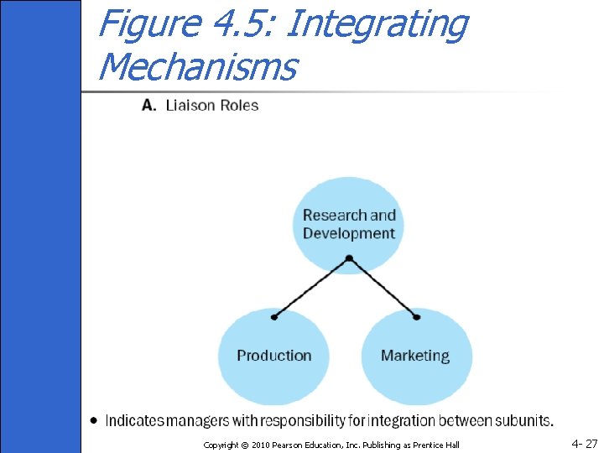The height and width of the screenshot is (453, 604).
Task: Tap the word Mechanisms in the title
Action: point(197,65)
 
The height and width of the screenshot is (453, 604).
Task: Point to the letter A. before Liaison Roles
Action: point(148,105)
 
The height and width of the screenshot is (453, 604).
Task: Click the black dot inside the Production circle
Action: point(274,317)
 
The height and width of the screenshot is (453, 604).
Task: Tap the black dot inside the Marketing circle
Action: point(417,317)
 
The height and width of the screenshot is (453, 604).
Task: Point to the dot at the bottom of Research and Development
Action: point(348,259)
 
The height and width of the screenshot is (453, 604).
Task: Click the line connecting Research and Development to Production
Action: point(310,289)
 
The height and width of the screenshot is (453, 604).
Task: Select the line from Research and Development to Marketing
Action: point(383,289)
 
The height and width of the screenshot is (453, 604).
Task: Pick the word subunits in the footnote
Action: point(525,419)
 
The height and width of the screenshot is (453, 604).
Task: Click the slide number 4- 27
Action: point(584,443)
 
